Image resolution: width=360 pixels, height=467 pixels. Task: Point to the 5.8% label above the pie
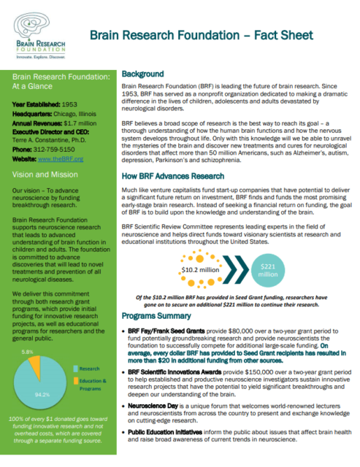pos(26,352)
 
